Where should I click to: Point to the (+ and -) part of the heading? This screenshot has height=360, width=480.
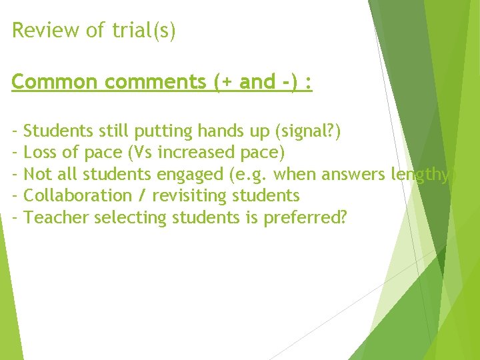[257, 82]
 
